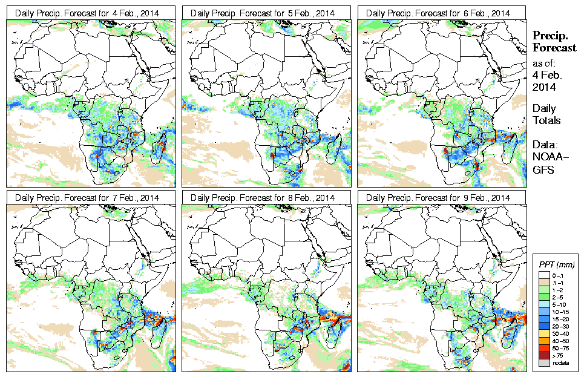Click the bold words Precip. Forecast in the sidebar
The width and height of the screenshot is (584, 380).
coord(554,42)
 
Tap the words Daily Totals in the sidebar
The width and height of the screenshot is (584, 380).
coord(546,114)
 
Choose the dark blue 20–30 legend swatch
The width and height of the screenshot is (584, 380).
coord(542,327)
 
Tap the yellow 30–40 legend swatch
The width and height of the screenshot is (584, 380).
coord(542,334)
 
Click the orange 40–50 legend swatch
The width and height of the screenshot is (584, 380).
coord(542,341)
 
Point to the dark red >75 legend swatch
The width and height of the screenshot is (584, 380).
coord(542,356)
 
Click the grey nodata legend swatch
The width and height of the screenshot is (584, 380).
coord(542,363)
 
